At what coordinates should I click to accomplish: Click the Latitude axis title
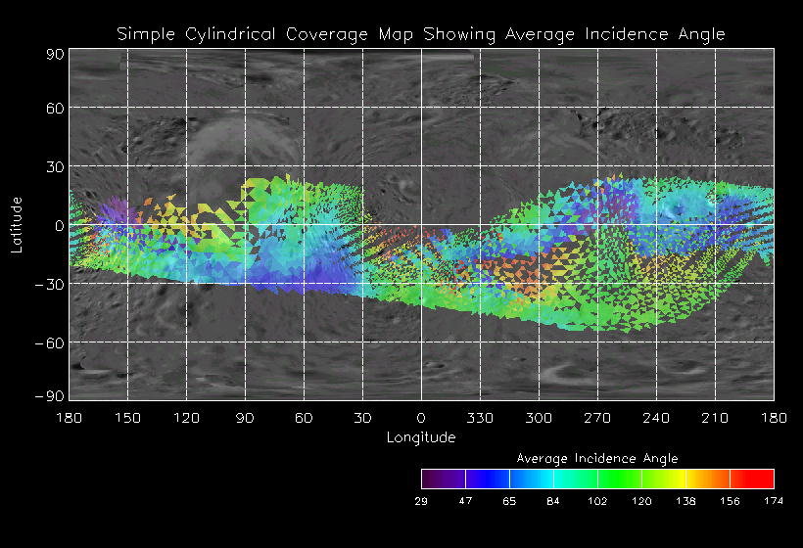click(x=17, y=224)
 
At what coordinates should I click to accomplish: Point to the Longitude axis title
click(x=420, y=437)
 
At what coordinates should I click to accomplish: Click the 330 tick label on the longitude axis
click(x=480, y=418)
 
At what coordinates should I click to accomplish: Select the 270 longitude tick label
click(x=597, y=418)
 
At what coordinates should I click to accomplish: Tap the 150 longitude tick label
click(x=127, y=418)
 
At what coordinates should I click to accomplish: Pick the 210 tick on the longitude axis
click(x=715, y=418)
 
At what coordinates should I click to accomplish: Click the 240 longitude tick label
click(x=656, y=418)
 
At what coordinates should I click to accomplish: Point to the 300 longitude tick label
click(x=539, y=418)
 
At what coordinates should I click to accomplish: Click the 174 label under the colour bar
click(x=774, y=501)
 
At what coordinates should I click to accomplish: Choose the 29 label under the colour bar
click(x=422, y=501)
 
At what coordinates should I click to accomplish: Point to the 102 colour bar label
click(x=597, y=501)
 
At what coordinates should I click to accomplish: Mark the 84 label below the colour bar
click(x=553, y=501)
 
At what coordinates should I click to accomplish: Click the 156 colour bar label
click(x=730, y=501)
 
